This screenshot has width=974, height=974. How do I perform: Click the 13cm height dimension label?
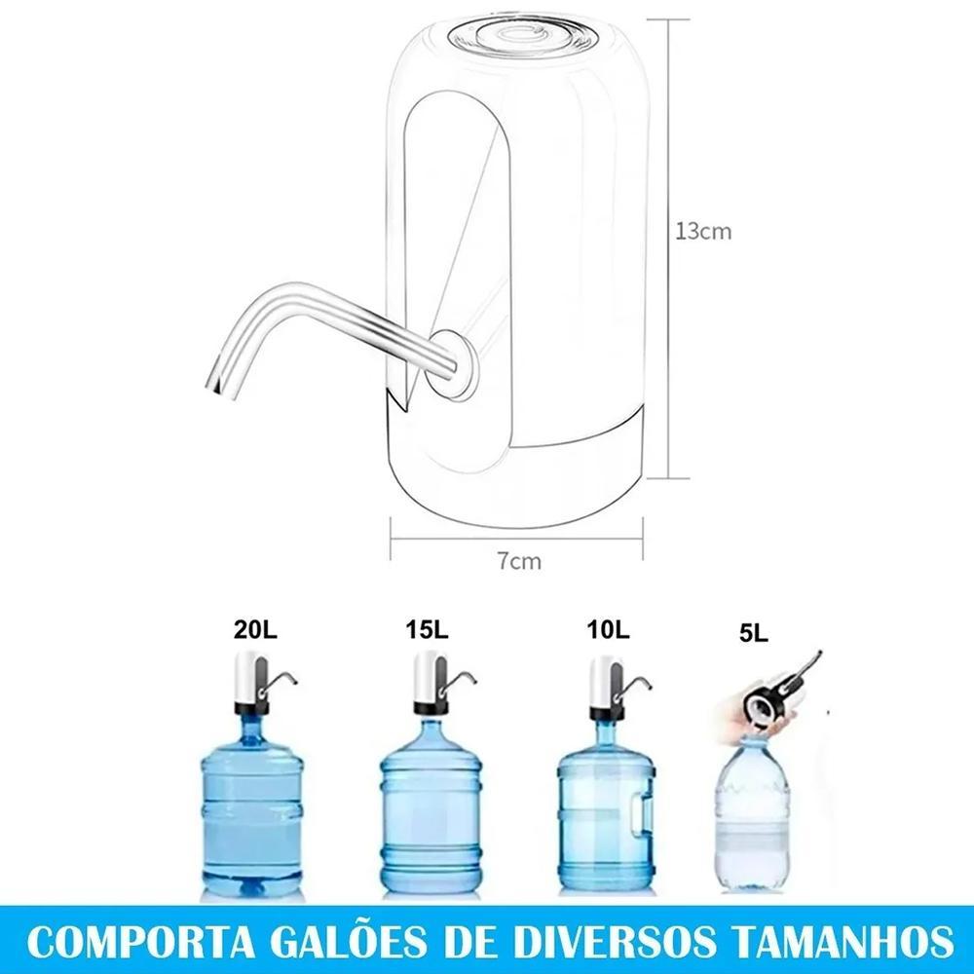click(x=703, y=232)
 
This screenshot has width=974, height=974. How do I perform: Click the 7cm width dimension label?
click(x=519, y=562)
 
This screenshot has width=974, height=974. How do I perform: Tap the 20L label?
click(x=255, y=630)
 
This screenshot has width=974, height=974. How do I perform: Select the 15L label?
click(x=427, y=630)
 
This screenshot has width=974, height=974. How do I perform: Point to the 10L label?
click(x=608, y=630)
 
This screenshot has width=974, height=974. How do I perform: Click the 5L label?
click(x=754, y=634)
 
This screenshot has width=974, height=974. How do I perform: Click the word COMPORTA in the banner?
click(x=141, y=943)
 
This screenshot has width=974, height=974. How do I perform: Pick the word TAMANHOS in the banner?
click(x=842, y=943)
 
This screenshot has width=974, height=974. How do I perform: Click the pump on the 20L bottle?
click(x=261, y=683)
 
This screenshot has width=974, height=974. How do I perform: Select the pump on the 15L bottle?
click(x=439, y=683)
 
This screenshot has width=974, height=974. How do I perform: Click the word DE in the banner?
click(x=470, y=943)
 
